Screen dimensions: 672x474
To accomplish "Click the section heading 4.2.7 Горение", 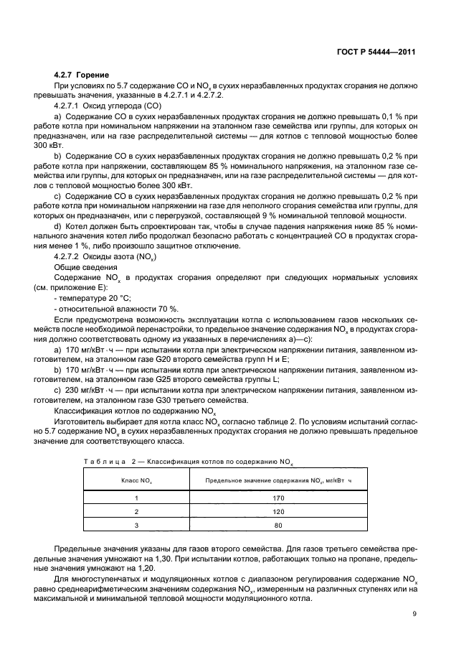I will coord(82,75).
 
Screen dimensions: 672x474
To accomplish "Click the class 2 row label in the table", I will coord(136,511).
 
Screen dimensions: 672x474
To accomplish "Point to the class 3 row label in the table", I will coord(136,526).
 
